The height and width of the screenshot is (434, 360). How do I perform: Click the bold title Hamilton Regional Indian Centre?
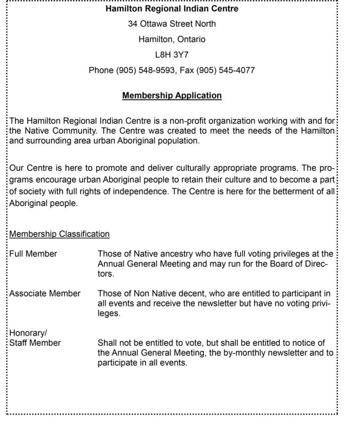[x=172, y=8]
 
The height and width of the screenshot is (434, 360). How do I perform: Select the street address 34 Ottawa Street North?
[x=172, y=24]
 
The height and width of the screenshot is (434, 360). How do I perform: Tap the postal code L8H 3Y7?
[x=172, y=55]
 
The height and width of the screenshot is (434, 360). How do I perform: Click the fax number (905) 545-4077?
[x=225, y=70]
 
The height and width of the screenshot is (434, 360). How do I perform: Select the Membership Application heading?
[x=172, y=96]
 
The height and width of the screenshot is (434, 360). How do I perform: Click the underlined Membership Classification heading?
[x=60, y=234]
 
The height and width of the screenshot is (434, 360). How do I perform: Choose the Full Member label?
[x=33, y=254]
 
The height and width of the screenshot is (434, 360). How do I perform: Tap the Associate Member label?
[x=45, y=294]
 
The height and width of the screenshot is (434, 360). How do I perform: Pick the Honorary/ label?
[x=28, y=333]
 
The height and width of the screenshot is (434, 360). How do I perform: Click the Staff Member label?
[x=35, y=343]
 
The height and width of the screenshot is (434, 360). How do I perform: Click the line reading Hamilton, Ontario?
[x=172, y=39]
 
